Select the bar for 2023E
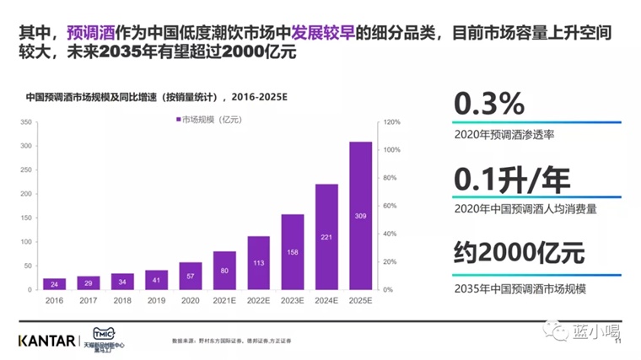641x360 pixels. coord(293,251)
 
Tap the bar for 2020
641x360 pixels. coord(191,275)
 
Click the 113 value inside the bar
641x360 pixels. coord(258,262)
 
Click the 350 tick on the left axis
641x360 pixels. coord(25,122)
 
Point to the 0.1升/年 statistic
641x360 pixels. coord(512,178)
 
